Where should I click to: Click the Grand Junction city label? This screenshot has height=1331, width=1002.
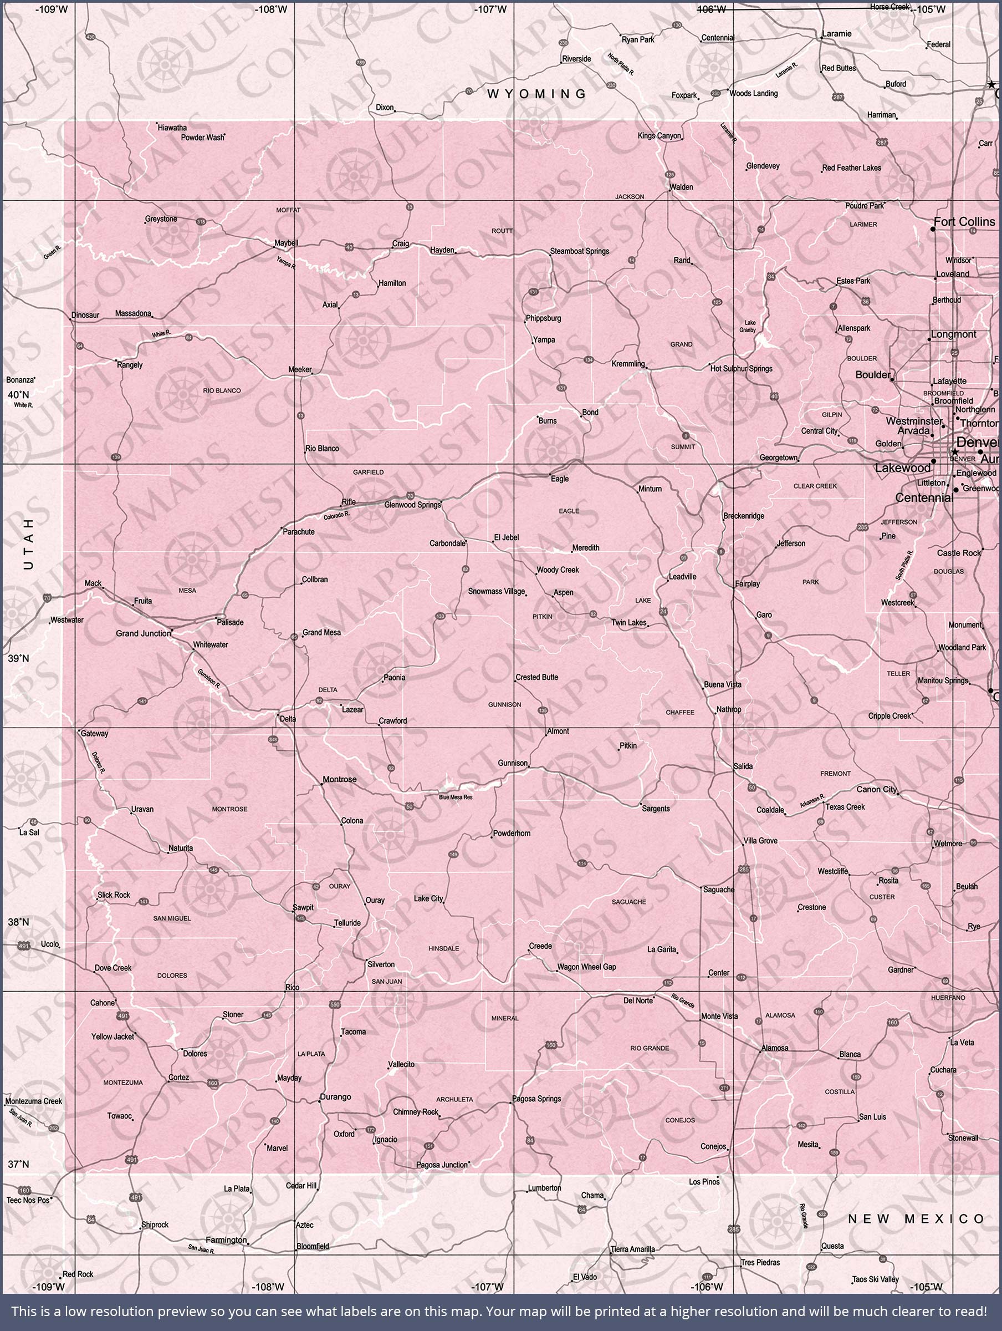coord(142,633)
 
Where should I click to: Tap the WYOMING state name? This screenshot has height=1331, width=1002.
coord(536,94)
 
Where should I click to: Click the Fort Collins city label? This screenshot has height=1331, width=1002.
coord(964,221)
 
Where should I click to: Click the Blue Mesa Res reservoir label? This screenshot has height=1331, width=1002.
coord(456,797)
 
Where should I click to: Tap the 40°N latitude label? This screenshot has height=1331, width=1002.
coord(18,395)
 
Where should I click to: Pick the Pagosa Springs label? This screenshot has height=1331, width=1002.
coord(536,1098)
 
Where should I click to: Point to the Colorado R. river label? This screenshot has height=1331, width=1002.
coord(336,516)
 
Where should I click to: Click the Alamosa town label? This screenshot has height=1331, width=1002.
coord(775,1048)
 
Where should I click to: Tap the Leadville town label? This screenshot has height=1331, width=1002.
coord(682,576)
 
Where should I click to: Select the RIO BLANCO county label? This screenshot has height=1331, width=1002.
coord(221,390)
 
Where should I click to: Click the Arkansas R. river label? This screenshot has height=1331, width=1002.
coord(811,801)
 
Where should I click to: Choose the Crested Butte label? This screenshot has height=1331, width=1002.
coord(536,677)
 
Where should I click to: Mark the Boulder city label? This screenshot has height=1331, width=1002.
coord(873,374)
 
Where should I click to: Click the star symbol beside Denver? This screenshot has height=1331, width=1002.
coord(954,452)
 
